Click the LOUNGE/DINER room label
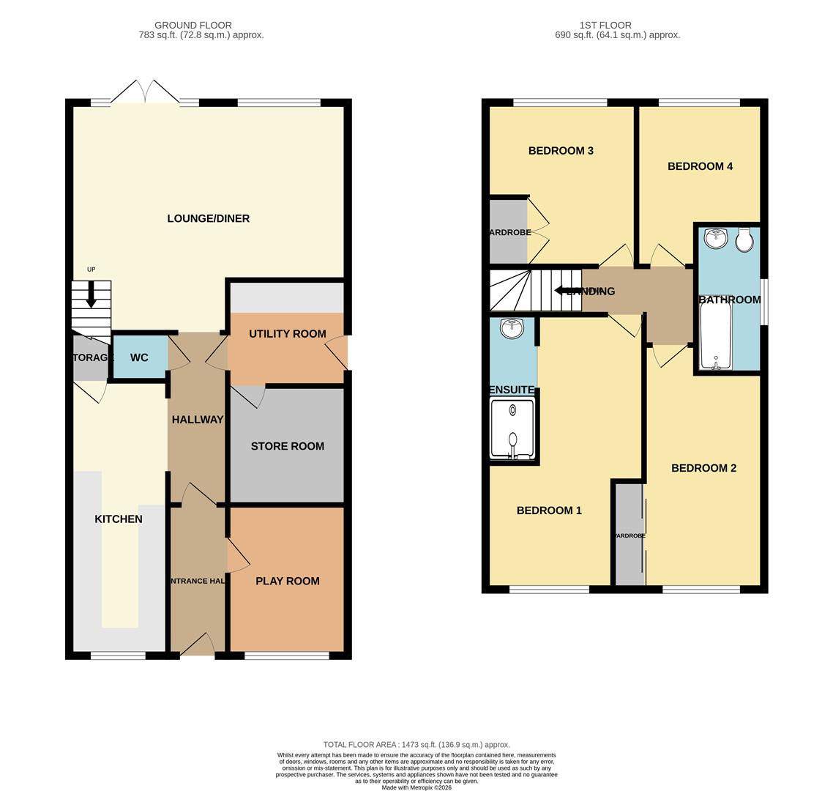tap(208, 218)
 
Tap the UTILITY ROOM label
tap(287, 334)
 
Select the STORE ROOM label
tap(287, 446)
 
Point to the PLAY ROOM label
tap(287, 581)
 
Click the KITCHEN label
tap(119, 519)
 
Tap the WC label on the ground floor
tap(139, 357)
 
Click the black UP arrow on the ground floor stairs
tap(91, 294)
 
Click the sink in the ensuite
tap(512, 329)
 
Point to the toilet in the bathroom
tap(744, 240)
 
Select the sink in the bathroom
tap(715, 239)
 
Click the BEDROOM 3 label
tap(561, 151)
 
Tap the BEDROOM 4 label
tap(700, 166)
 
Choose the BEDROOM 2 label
tap(703, 468)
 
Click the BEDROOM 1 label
tap(549, 510)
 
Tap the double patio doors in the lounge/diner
tap(145, 94)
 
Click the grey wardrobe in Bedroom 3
tap(508, 231)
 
